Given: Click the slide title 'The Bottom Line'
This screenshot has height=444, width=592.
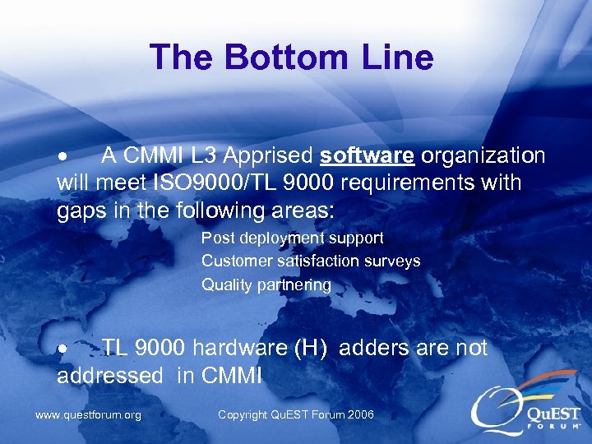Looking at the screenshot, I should pos(291,58).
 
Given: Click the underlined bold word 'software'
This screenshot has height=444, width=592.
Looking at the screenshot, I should pos(367,156).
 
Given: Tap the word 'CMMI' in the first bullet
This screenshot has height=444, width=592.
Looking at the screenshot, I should pos(155,156).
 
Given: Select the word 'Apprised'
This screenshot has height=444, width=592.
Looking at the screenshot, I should pos(268,156).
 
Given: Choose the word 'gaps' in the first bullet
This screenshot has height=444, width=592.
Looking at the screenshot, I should pos(82,210).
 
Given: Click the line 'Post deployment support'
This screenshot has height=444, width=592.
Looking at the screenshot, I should pos(293,238).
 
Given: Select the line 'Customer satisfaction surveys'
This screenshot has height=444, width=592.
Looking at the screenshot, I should pos(311,261).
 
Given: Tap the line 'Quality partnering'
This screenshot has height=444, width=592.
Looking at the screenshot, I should pos(266,284).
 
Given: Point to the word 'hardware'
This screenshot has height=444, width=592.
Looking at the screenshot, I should pos(247,349).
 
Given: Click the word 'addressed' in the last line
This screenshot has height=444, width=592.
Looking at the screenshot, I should pos(110,376).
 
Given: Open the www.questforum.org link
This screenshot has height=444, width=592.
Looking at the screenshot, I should pos(88,414).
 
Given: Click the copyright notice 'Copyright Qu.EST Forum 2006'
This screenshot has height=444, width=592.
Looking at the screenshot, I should pos(295,414).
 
